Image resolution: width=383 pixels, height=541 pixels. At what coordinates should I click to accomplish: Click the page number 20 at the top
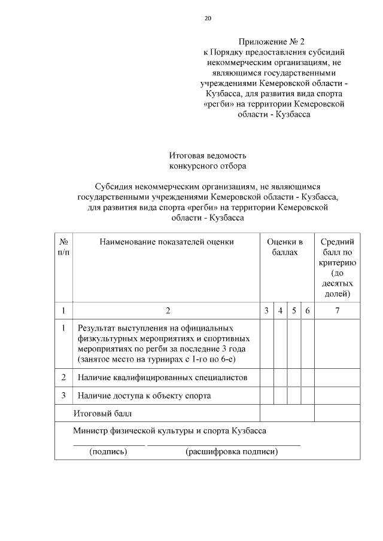click(x=208, y=19)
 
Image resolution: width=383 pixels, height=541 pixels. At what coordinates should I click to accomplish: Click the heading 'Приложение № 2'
click(x=272, y=42)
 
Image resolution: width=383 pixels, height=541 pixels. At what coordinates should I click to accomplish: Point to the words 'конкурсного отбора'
click(x=208, y=166)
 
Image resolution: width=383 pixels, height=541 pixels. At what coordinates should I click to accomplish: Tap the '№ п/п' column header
click(x=63, y=247)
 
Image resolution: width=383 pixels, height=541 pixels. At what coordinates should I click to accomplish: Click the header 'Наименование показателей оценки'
click(x=167, y=242)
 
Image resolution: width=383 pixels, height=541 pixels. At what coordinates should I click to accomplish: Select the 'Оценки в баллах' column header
click(x=285, y=247)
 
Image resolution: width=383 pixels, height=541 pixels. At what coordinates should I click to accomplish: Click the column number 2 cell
click(x=168, y=311)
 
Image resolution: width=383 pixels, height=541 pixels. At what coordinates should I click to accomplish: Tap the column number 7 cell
click(x=338, y=311)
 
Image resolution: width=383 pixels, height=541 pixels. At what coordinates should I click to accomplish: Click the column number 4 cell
click(x=280, y=311)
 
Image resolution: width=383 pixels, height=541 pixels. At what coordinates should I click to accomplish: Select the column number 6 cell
click(x=307, y=311)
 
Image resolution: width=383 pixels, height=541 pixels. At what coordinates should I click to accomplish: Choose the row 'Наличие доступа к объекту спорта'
click(x=144, y=396)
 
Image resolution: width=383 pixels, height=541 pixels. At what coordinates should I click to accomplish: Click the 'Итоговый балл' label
click(x=102, y=413)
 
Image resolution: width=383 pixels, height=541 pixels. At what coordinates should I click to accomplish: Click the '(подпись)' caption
click(x=108, y=451)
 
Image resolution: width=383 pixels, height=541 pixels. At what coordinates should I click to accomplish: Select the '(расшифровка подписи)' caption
click(x=232, y=451)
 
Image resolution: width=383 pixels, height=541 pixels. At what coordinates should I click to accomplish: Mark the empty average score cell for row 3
click(x=338, y=396)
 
